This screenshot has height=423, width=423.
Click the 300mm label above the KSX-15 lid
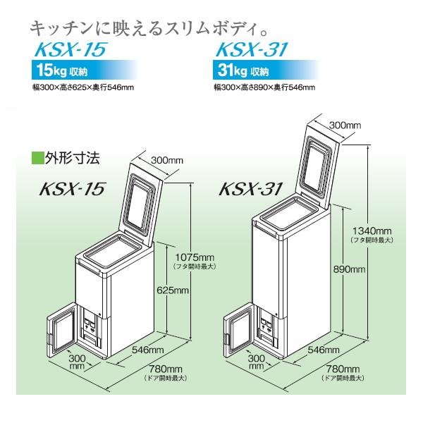[x=163, y=160]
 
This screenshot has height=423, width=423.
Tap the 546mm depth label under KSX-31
[x=331, y=350]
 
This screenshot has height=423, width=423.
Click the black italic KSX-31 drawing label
[x=250, y=190]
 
